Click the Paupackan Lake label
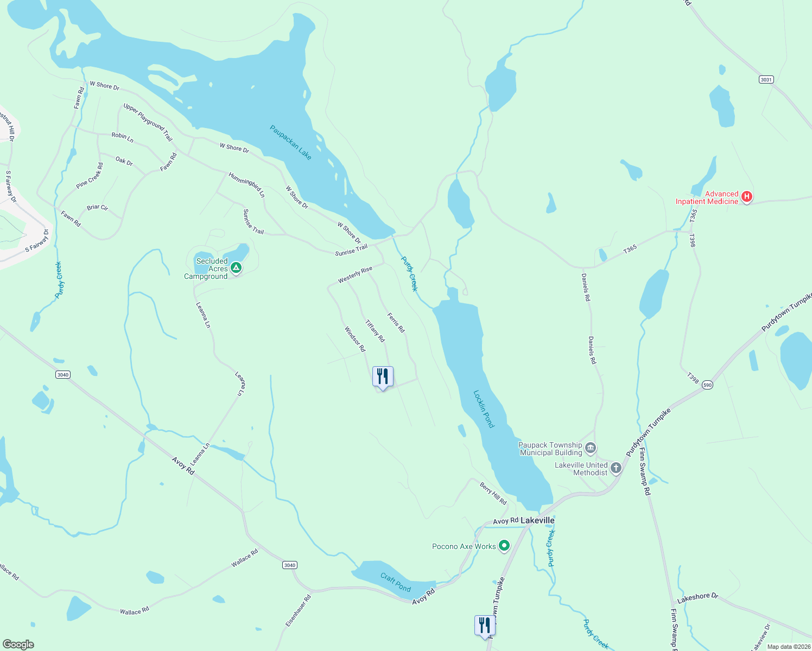pos(291,142)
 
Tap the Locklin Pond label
pos(484,409)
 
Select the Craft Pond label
pos(395,583)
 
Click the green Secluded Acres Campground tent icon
pos(236,267)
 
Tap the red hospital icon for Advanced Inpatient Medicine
pos(747,197)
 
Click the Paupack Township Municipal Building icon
pos(591,449)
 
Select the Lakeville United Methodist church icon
pos(616,468)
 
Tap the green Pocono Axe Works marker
pos(504,546)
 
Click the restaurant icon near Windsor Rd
pos(383,376)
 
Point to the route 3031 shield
pos(766,80)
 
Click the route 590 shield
pos(707,385)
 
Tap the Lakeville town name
pos(537,520)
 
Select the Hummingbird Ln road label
pos(247,185)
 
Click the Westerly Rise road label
pos(355,275)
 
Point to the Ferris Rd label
pos(396,322)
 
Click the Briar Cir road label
pos(97,208)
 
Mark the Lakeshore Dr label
pos(697,598)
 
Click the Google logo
pos(18,644)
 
